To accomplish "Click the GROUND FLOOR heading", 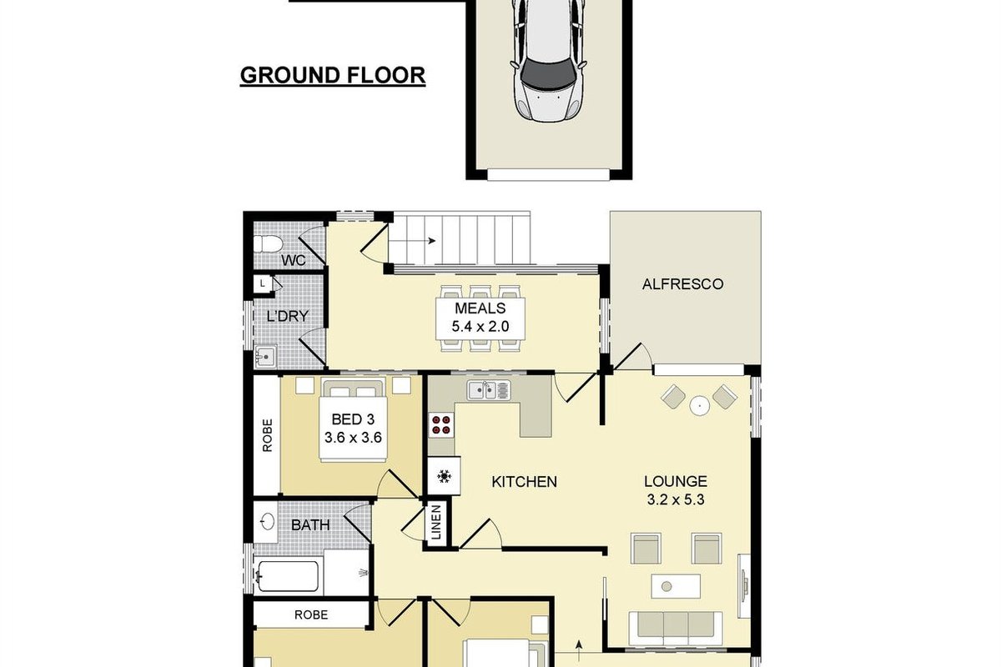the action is (333, 76).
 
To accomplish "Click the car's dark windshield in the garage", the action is (548, 72).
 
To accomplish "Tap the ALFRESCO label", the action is (682, 284).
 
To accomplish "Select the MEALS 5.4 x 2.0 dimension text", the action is (480, 327).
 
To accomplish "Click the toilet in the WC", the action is (268, 244).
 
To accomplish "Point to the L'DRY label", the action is (287, 316).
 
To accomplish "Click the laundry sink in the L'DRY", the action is (265, 357).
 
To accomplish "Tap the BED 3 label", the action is (353, 419).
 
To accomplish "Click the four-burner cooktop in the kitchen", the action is (441, 425).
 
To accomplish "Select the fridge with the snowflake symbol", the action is (444, 476).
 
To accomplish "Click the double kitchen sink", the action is (489, 390).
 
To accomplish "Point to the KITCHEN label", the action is (524, 482).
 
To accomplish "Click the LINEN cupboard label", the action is (436, 522).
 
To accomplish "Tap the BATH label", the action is (310, 525).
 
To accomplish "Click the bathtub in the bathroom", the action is (289, 576).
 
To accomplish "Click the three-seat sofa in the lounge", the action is (675, 629).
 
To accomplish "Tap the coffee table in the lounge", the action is (675, 586).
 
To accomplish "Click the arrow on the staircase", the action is (413, 241).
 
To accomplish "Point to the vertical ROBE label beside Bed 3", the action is (267, 435).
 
